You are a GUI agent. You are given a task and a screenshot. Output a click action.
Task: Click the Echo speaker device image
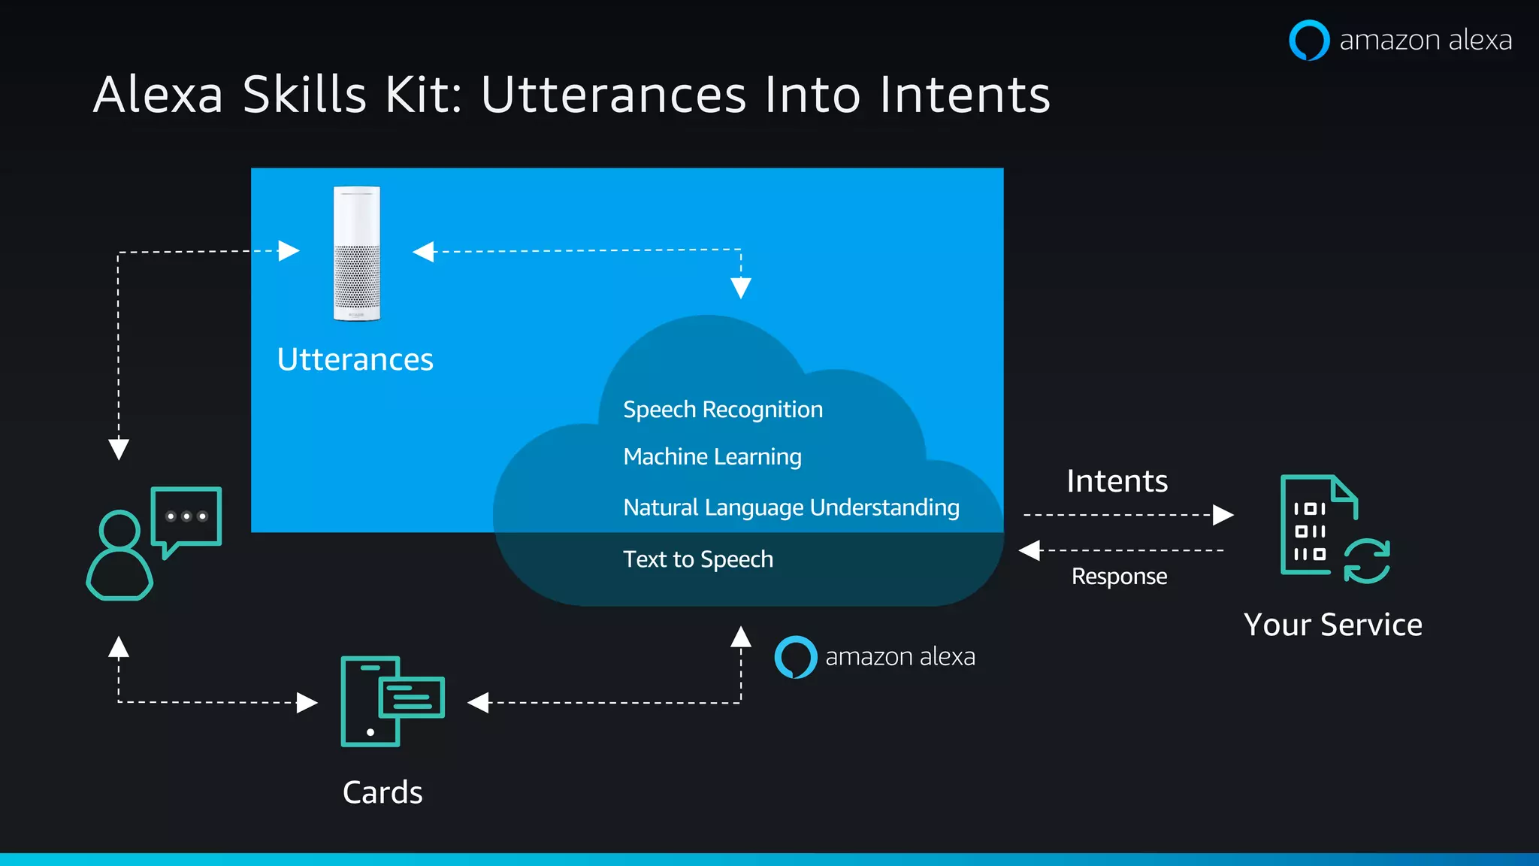tap(357, 253)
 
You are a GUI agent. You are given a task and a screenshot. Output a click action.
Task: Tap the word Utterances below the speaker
tap(355, 360)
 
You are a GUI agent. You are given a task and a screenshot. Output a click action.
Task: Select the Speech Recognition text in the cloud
tap(723, 410)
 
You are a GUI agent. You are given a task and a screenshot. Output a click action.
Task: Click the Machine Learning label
tap(712, 457)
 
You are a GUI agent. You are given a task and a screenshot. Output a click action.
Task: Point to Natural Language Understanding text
tap(791, 507)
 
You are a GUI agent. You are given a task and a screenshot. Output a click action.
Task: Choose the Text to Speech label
tap(698, 559)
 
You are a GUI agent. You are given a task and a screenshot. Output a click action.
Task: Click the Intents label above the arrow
tap(1117, 481)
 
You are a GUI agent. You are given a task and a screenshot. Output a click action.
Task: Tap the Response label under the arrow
tap(1119, 577)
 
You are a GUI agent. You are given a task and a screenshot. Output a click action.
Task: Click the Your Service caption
tap(1332, 625)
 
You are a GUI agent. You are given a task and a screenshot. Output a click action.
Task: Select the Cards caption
tap(382, 792)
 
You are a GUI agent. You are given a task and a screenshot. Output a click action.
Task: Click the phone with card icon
tap(392, 701)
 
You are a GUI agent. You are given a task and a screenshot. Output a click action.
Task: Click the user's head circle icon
tap(120, 530)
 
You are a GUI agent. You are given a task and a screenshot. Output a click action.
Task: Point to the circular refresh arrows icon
tap(1367, 561)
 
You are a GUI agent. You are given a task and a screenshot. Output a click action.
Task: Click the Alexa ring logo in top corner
tap(1309, 40)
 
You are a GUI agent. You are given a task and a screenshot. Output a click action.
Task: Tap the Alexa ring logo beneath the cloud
tap(796, 657)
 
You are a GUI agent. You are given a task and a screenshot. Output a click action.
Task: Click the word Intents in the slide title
tap(965, 95)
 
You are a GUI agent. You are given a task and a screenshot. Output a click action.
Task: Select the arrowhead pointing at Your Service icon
tap(1223, 515)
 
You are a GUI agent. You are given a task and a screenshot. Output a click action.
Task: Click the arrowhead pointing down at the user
tap(119, 449)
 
